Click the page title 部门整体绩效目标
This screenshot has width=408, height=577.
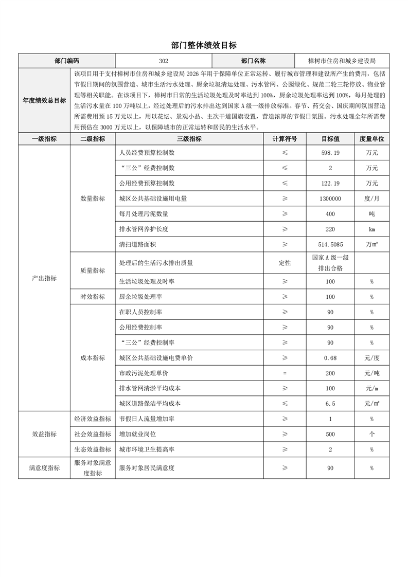pos(204,45)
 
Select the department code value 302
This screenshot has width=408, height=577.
pos(164,60)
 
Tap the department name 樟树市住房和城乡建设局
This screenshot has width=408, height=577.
pos(338,60)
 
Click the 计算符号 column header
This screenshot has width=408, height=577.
pos(285,139)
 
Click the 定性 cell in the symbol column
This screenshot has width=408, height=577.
pos(285,263)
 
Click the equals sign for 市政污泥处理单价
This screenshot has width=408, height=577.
pos(285,373)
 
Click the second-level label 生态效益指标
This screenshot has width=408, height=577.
pos(93,449)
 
